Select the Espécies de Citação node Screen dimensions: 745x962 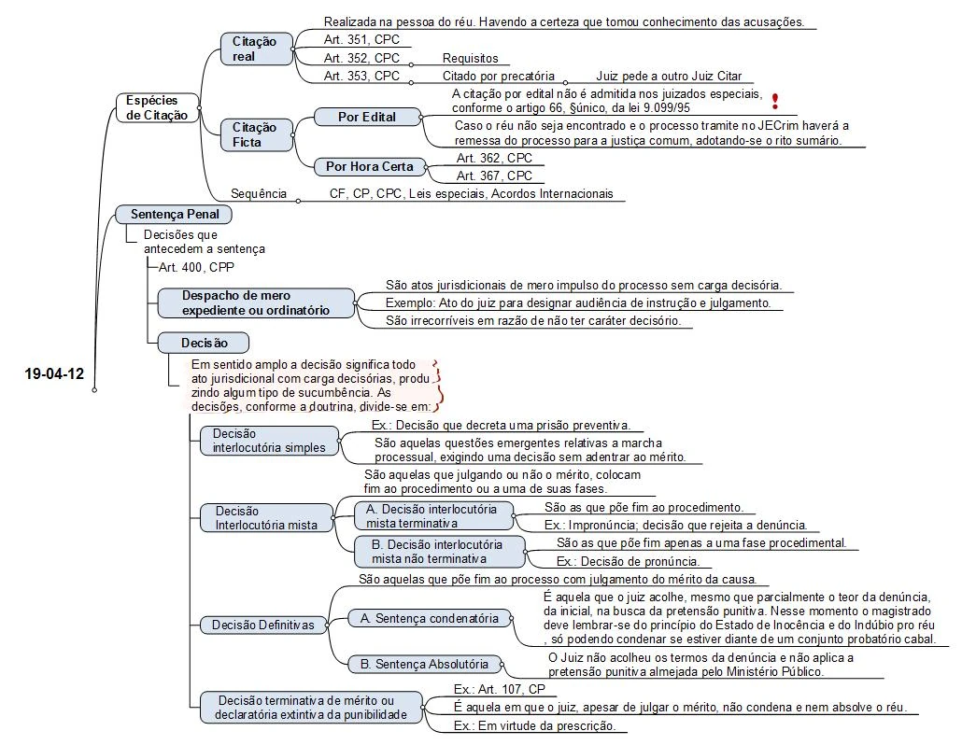coord(152,107)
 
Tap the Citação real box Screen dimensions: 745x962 coord(254,49)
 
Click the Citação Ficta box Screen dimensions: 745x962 coord(254,134)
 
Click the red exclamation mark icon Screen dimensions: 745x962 coord(775,101)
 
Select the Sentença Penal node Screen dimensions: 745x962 coord(175,214)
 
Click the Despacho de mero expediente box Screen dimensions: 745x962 coord(255,302)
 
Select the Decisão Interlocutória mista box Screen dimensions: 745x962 coord(267,517)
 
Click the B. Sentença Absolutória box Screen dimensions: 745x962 coord(431,665)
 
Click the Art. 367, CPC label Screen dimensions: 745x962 coord(494,176)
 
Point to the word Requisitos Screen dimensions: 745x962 coord(470,58)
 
